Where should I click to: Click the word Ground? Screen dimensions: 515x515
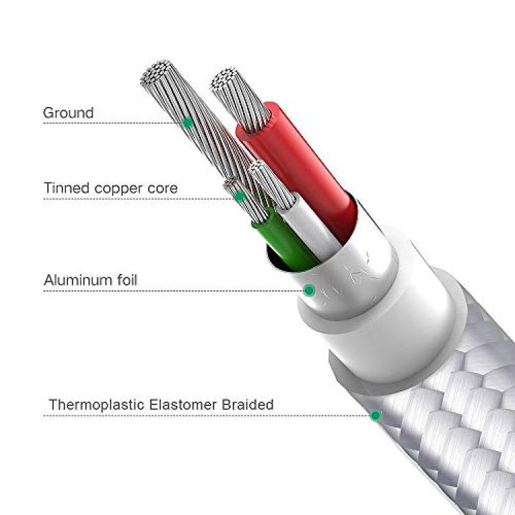(68, 113)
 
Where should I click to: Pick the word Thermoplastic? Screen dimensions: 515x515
(97, 405)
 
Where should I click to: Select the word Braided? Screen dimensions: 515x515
(248, 404)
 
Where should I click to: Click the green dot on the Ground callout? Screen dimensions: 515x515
(187, 123)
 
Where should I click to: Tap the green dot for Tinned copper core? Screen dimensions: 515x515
(240, 197)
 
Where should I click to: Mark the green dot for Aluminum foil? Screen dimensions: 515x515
(309, 290)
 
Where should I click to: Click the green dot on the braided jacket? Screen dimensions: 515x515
(376, 415)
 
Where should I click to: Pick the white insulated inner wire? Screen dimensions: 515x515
(310, 227)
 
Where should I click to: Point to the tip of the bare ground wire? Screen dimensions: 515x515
(157, 73)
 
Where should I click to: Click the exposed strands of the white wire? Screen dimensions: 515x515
(272, 185)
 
